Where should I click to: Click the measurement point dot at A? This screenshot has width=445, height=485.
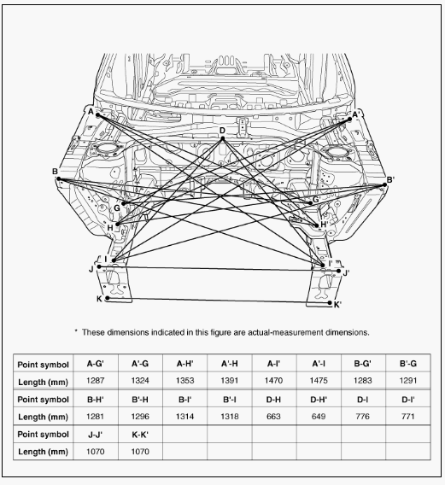(97, 115)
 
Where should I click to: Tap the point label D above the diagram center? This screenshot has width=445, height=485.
(222, 131)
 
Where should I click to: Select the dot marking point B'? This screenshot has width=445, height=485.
(384, 185)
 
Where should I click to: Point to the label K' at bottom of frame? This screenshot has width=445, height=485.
(337, 305)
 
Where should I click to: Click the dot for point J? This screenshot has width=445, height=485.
(99, 266)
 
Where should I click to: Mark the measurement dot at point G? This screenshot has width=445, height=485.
(124, 203)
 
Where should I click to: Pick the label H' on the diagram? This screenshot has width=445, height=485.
(324, 225)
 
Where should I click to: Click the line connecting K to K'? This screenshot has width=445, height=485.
(219, 301)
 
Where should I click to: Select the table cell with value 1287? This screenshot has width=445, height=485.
(96, 380)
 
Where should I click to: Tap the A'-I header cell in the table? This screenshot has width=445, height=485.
(319, 364)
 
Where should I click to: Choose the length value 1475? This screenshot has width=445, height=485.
(319, 380)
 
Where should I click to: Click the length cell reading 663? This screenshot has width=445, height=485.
(273, 416)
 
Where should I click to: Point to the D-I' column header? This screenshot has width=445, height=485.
(408, 400)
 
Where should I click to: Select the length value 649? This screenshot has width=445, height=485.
(319, 416)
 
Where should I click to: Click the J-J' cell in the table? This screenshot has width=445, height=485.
(96, 435)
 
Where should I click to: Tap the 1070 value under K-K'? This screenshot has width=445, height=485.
(140, 452)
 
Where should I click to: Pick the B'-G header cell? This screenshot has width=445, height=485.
(408, 364)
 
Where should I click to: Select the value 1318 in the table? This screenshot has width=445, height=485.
(229, 416)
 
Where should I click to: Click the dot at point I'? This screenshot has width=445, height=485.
(323, 266)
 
